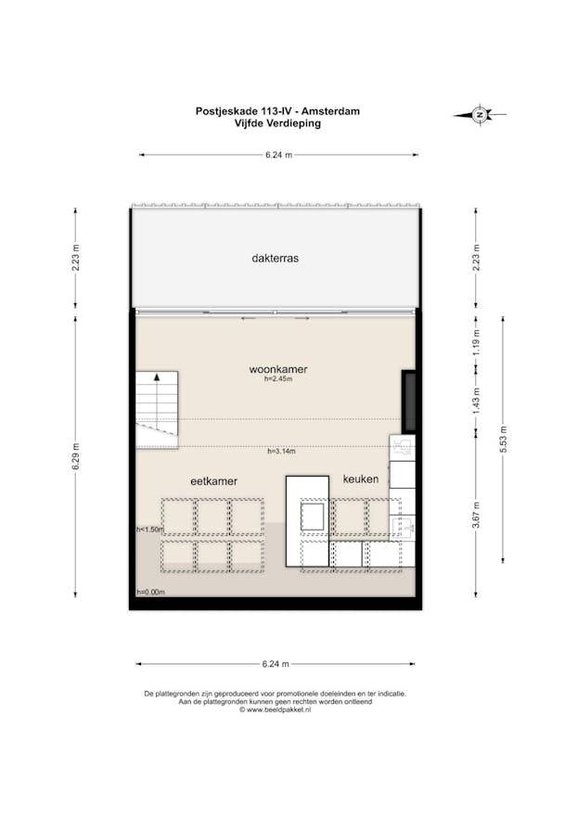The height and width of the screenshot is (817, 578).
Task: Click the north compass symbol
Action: point(480,115)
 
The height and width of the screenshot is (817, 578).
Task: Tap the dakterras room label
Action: point(275,259)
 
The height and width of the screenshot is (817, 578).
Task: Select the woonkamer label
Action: point(277,369)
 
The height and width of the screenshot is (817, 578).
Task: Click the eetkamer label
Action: point(213,481)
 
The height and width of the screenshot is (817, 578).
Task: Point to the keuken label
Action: point(360,479)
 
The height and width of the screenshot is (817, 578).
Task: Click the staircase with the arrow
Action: point(157,409)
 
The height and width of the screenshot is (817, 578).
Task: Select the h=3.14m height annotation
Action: point(281,452)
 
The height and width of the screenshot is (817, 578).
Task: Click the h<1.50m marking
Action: point(149,530)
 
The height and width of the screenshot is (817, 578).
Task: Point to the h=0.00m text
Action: point(150,592)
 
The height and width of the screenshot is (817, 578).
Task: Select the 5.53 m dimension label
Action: point(503,435)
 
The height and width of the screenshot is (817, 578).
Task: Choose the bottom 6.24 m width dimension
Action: point(276,664)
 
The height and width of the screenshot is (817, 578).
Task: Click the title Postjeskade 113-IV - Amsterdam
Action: point(277,110)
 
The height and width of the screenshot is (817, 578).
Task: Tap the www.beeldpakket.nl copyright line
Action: point(276,710)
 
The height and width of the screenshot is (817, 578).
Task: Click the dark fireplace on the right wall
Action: point(408,401)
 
